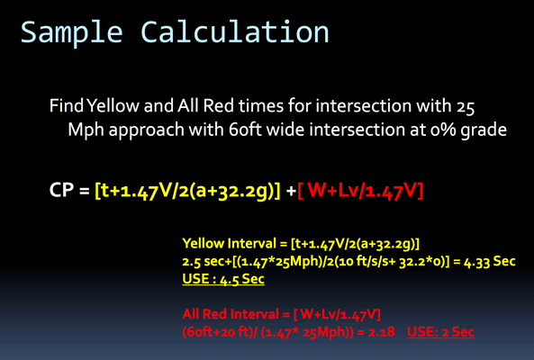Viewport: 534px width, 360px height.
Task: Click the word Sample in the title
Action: [71, 32]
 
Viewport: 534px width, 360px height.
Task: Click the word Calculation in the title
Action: [235, 31]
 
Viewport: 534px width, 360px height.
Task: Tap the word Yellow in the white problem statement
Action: [113, 105]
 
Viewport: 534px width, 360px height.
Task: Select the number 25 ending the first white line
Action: [466, 107]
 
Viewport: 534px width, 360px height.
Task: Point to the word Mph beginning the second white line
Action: [86, 130]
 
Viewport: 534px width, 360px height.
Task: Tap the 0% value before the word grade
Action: [443, 130]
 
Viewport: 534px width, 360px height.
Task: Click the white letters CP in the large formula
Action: [61, 190]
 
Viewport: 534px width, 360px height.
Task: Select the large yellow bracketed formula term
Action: [187, 191]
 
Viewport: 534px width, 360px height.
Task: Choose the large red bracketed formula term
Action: [360, 191]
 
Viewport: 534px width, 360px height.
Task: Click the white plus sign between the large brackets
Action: [291, 191]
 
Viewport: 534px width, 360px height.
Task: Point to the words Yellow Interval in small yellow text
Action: [230, 244]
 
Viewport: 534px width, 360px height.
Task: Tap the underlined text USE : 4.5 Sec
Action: [223, 279]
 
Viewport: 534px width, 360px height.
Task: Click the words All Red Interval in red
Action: [231, 314]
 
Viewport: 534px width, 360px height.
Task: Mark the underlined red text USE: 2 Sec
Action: [440, 332]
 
